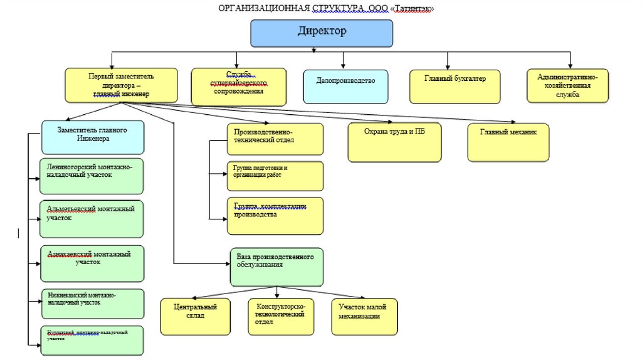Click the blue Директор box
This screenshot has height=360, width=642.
[x=322, y=33]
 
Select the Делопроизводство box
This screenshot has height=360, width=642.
[x=345, y=86]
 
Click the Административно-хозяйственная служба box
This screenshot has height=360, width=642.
[x=567, y=85]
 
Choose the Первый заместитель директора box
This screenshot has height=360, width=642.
[x=121, y=85]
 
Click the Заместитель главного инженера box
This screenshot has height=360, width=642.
[x=93, y=137]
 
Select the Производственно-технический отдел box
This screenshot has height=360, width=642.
[x=275, y=139]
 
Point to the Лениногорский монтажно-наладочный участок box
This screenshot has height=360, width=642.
[x=91, y=176]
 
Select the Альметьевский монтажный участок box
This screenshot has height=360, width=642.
[x=91, y=218]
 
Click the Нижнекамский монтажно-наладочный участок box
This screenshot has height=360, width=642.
[x=92, y=304]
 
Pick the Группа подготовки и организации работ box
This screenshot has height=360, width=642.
[x=275, y=176]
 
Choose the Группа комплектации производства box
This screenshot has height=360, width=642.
[x=275, y=216]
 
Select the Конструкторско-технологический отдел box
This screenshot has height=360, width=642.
[x=280, y=315]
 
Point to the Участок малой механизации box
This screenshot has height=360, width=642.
[x=364, y=315]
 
